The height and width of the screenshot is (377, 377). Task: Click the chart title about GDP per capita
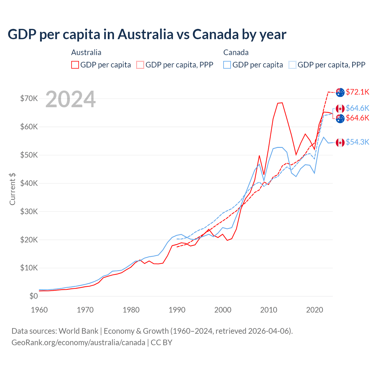147,34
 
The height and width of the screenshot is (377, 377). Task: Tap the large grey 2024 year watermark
71,99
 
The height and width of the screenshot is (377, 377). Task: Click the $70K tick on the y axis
29,98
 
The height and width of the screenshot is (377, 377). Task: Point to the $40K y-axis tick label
29,183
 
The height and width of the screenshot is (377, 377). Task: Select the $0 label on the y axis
34,296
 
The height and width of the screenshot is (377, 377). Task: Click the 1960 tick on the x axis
39,310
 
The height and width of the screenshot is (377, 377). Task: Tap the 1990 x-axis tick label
177,310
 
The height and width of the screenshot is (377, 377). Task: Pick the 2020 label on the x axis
315,310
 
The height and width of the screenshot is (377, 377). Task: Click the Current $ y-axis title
12,189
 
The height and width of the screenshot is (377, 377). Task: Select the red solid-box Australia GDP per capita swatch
75,65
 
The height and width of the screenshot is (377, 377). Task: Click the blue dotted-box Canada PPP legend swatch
292,65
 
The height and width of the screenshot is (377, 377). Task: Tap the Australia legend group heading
86,52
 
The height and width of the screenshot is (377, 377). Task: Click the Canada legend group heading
236,52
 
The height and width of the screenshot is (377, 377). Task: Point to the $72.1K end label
357,92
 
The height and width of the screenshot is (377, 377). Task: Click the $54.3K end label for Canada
357,142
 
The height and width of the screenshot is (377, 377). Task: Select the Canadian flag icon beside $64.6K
340,109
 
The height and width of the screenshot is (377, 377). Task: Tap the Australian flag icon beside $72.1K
340,92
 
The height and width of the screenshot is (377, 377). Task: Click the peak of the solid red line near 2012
282,103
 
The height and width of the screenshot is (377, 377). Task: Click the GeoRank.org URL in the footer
78,343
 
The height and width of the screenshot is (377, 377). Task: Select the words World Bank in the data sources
78,331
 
